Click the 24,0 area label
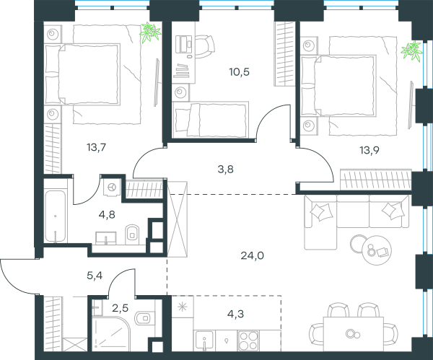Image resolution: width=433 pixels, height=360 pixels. click(x=252, y=256)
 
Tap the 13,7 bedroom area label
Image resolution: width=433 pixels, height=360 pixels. click(x=97, y=148)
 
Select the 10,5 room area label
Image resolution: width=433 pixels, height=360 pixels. click(x=239, y=72)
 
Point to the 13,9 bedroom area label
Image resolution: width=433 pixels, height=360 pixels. click(x=369, y=151)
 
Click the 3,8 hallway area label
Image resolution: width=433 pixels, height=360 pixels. click(x=226, y=170)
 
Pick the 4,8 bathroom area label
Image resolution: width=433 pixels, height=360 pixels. click(x=107, y=214)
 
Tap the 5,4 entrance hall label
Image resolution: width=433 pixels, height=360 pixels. click(x=95, y=276)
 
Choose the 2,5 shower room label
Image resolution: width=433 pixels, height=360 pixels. click(x=120, y=307)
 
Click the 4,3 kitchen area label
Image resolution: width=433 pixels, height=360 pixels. click(x=237, y=314)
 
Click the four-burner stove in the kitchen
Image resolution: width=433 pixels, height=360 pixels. click(x=248, y=341)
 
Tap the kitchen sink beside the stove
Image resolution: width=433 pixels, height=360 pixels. click(x=204, y=341)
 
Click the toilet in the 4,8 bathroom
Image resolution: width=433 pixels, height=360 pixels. click(x=132, y=234)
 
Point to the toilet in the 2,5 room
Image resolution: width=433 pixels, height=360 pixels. click(x=143, y=318)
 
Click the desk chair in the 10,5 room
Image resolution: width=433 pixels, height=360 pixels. click(x=205, y=46)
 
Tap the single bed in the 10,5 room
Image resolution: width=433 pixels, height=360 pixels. click(x=210, y=120)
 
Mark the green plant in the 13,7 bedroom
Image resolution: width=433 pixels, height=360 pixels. click(x=150, y=32)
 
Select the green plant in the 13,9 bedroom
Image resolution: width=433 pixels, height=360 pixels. click(x=412, y=51)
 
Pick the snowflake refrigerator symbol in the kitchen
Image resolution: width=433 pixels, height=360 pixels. click(x=183, y=307)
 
